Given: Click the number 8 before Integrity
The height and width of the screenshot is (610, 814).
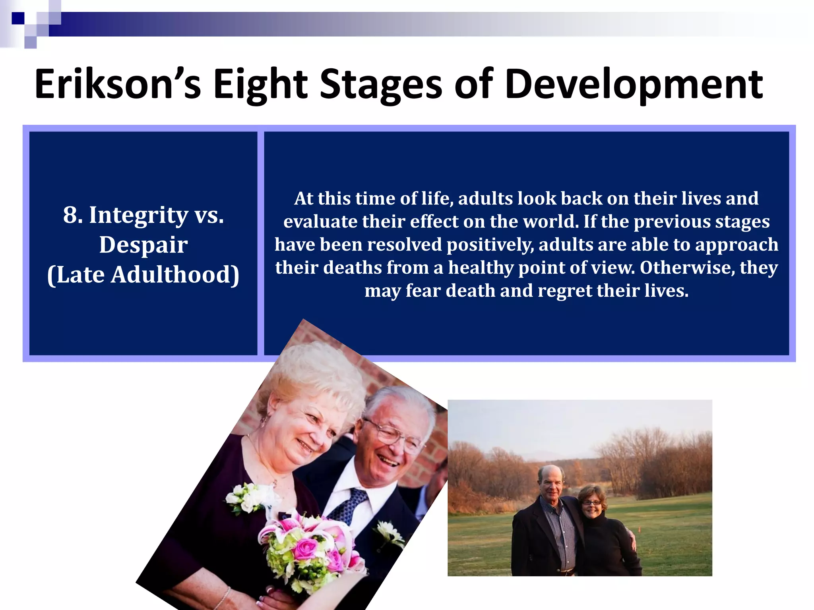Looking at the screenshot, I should tap(70, 215).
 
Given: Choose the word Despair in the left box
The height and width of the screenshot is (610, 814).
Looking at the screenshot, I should tap(143, 245).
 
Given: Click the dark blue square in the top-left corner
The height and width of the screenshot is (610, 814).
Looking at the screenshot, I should tap(17, 18).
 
